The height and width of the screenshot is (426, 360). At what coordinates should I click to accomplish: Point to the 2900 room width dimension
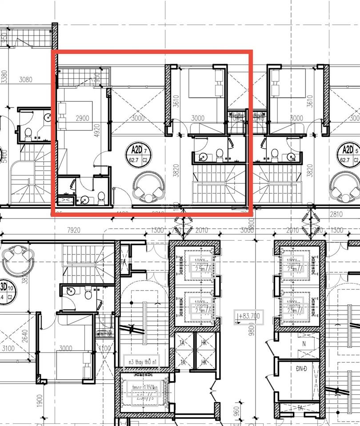(x=83, y=118)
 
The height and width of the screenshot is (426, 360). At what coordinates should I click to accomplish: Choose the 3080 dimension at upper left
(x=26, y=80)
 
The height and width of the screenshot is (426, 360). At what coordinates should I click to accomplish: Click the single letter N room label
(x=304, y=344)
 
